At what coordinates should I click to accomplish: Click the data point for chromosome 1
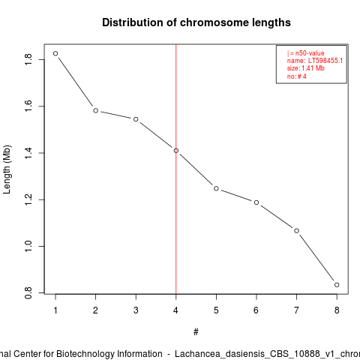[x=55, y=53]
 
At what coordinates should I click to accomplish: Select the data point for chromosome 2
[x=95, y=110]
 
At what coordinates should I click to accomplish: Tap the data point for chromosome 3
[x=136, y=119]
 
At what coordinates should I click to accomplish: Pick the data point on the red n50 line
[x=176, y=151]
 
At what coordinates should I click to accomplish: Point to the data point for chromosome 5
[x=216, y=188]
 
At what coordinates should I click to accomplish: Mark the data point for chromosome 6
[x=256, y=202]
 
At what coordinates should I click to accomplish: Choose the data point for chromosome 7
[x=296, y=230]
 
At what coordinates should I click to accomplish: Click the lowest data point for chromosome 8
[x=337, y=285]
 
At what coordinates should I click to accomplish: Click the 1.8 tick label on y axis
[x=28, y=59]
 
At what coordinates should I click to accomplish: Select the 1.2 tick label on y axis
[x=28, y=199]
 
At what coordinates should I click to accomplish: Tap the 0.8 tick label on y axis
[x=28, y=292]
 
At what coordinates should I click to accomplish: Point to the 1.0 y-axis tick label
[x=28, y=246]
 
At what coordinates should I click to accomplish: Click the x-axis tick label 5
[x=216, y=310]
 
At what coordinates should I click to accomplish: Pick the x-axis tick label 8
[x=337, y=310]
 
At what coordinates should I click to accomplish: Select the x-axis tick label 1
[x=55, y=310]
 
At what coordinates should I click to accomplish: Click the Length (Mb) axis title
[x=7, y=169]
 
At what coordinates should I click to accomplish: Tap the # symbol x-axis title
[x=196, y=332]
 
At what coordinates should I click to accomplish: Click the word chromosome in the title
[x=214, y=22]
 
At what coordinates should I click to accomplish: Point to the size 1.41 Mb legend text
[x=306, y=68]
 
